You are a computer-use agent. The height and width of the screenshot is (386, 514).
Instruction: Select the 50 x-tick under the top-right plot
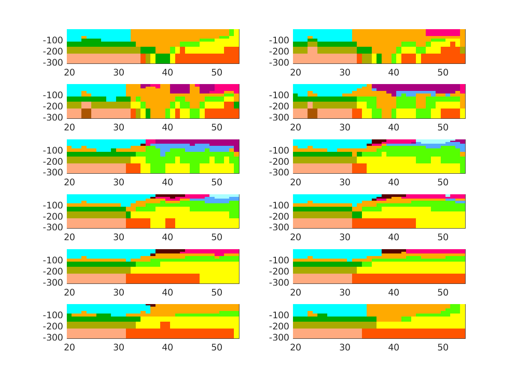coord(443,72)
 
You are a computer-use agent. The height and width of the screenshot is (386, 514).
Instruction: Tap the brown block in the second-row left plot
coord(86,113)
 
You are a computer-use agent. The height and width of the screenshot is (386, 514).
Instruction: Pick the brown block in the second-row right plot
coord(312,113)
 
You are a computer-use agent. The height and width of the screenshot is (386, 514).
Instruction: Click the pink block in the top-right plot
coord(442,33)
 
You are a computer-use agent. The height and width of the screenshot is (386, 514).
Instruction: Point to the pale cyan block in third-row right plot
coord(433,141)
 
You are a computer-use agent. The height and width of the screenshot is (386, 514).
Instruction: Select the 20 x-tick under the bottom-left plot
coord(69,347)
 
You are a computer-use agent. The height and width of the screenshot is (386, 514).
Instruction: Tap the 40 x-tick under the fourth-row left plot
coord(167,237)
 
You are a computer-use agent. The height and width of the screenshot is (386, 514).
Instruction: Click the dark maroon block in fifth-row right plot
coord(393,251)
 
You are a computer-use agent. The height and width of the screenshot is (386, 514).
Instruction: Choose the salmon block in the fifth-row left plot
coord(96,278)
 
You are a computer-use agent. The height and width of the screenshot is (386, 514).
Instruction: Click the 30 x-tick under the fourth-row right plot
coord(345,237)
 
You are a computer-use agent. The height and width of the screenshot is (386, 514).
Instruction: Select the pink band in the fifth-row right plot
coord(435,251)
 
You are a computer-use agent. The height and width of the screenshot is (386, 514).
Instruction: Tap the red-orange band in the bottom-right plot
coord(413,333)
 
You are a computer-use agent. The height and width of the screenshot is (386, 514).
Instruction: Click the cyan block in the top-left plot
coord(99,34)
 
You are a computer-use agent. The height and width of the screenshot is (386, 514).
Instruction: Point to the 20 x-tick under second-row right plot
coord(296,127)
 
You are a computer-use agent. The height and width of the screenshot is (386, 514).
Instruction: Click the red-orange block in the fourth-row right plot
coord(384,223)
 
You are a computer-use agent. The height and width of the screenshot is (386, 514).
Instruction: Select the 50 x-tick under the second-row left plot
coord(217,127)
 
